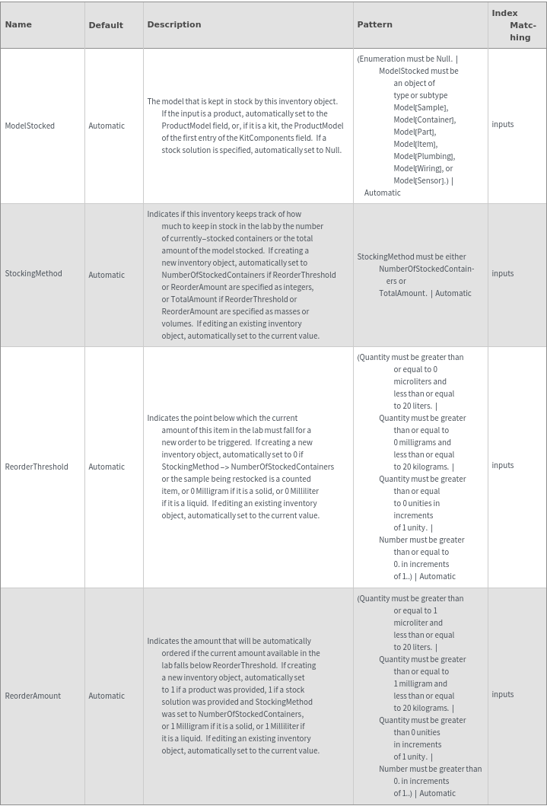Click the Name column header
[x=18, y=24]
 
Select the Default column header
[x=106, y=25]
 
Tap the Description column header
[x=174, y=24]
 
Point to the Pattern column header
[x=375, y=24]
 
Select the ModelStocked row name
[x=30, y=126]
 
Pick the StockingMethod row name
[x=33, y=273]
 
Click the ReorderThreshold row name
[x=37, y=467]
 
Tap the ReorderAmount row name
[x=33, y=696]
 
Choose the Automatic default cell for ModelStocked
[x=107, y=126]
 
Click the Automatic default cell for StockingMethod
[x=107, y=275]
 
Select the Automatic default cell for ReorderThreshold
[x=107, y=467]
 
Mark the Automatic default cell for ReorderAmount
[x=107, y=696]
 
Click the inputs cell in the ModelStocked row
[x=503, y=124]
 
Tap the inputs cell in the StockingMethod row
[x=503, y=273]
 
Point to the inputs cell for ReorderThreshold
[x=503, y=465]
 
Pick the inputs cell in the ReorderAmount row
[x=503, y=694]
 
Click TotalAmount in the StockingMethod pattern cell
[x=402, y=293]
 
